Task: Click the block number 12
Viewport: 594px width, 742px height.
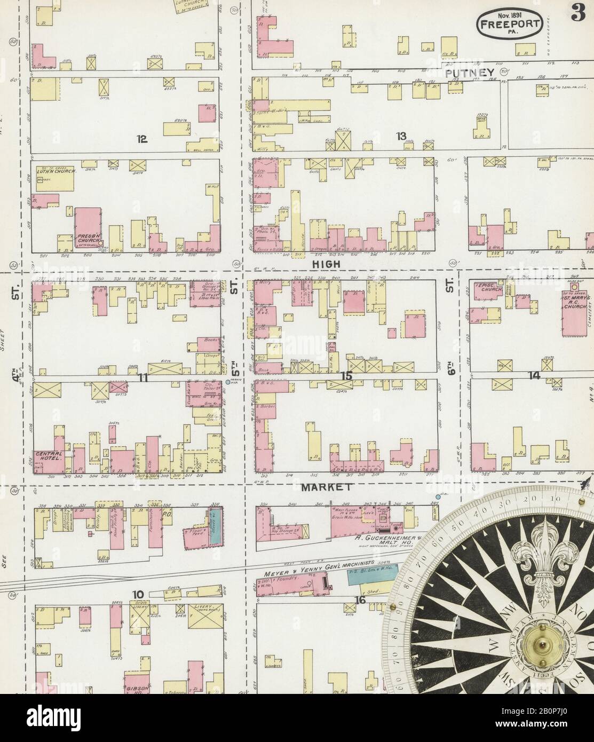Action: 141,139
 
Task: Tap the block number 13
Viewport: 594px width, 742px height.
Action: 401,136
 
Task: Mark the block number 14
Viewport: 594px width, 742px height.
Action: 534,375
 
